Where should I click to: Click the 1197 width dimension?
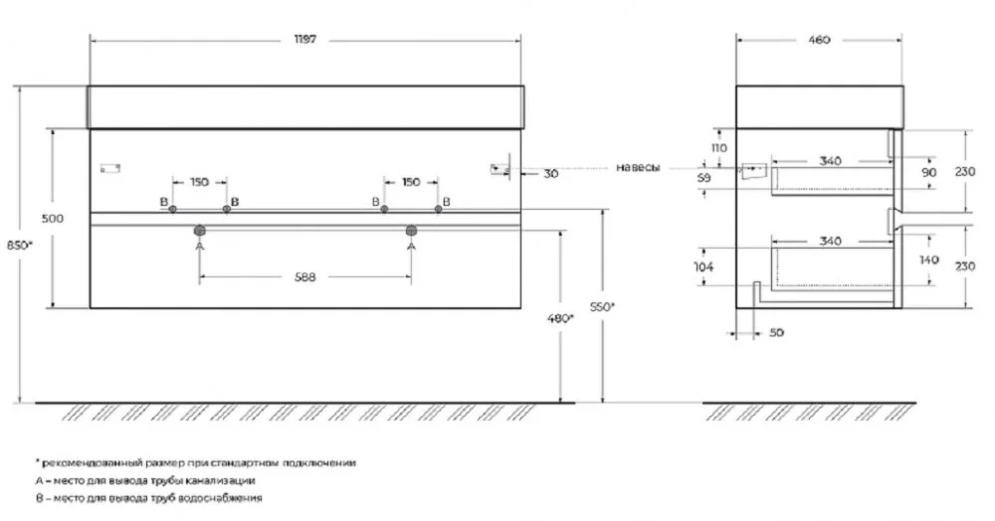click(x=305, y=40)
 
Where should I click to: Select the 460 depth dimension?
click(x=819, y=40)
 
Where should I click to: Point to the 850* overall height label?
click(x=19, y=245)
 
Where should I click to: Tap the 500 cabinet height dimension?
click(x=52, y=218)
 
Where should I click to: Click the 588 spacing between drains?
click(x=305, y=277)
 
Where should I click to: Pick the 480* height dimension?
click(x=561, y=318)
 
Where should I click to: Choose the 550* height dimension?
click(x=603, y=307)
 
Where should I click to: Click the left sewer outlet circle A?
click(x=199, y=230)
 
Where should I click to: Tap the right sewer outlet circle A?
click(x=411, y=230)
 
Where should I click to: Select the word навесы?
click(x=638, y=167)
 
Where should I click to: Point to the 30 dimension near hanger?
click(x=551, y=173)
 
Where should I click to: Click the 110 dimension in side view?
click(x=719, y=148)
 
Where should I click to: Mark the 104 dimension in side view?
click(x=703, y=266)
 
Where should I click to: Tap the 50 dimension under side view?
click(x=776, y=332)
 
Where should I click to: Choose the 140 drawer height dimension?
click(x=928, y=260)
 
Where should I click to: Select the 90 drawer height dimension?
click(x=929, y=172)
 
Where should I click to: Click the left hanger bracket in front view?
click(x=110, y=168)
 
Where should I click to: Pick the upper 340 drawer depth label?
click(x=830, y=161)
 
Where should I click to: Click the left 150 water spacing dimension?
click(x=199, y=182)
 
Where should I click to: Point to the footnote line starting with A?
click(x=145, y=480)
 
